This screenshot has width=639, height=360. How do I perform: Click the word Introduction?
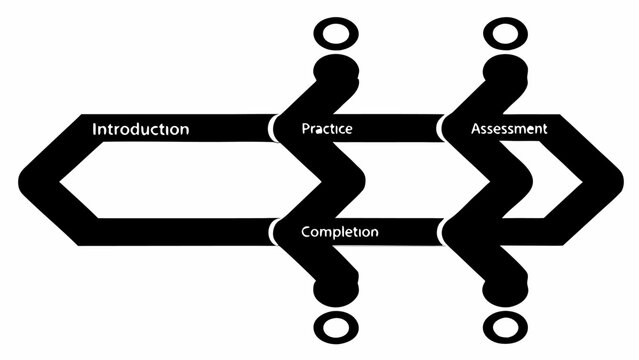coord(140,129)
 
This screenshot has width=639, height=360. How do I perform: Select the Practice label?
coord(326,129)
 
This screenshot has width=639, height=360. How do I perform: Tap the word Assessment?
coord(508,129)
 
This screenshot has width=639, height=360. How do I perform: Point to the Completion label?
coord(339,232)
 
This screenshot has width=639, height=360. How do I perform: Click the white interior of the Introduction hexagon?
coord(170,180)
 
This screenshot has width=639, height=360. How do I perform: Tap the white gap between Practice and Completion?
coord(390,180)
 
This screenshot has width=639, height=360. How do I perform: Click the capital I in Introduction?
coord(94,129)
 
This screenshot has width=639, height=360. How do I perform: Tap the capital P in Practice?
coord(305,129)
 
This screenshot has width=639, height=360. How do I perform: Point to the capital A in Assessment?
coord(475,129)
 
